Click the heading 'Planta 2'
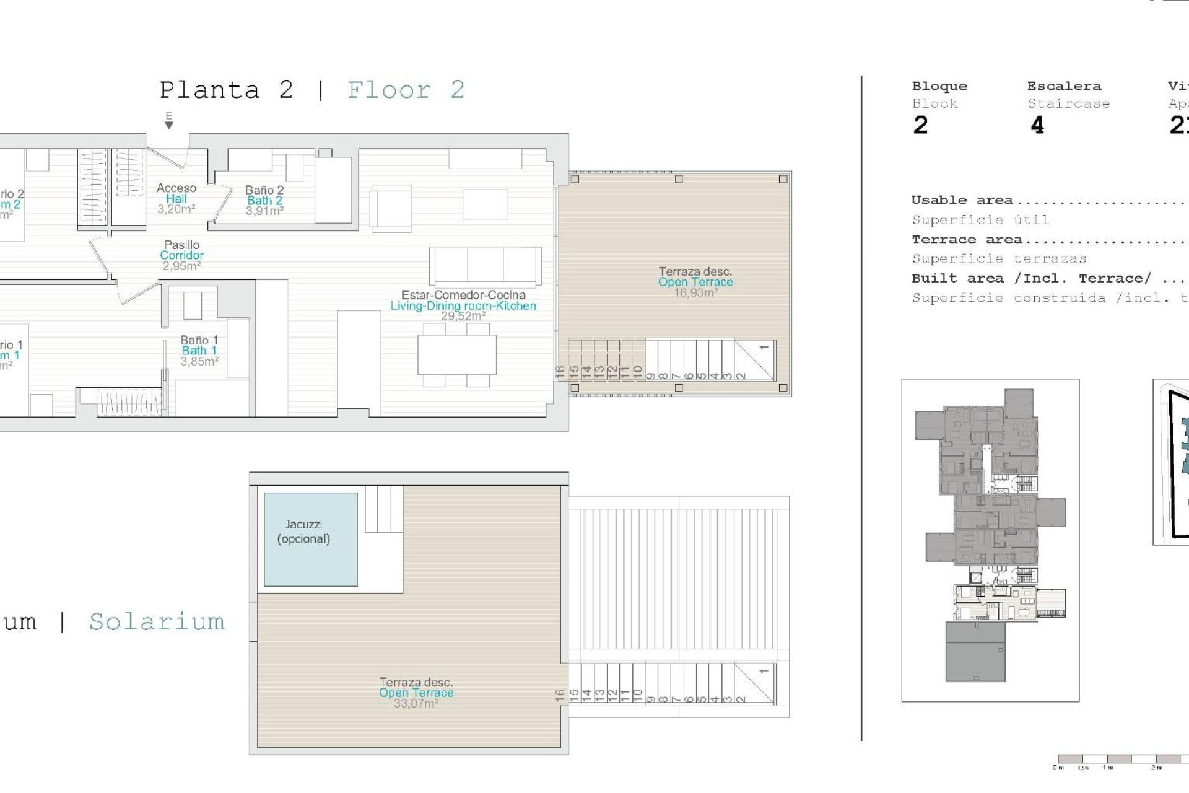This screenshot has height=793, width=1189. (x=226, y=90)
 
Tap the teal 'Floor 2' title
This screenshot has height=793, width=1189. (x=406, y=90)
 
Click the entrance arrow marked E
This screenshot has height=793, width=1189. (x=168, y=121)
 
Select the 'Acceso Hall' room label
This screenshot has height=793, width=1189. (x=176, y=198)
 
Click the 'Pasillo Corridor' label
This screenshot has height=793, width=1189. (x=181, y=255)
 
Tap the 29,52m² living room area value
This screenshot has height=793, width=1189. (x=463, y=317)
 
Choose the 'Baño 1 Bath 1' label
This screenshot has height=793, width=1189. (x=199, y=350)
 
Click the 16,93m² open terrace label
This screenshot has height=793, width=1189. (x=695, y=282)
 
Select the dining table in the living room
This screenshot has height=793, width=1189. (x=456, y=354)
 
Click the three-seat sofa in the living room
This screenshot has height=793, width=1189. (x=485, y=265)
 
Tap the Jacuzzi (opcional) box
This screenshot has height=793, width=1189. (x=310, y=539)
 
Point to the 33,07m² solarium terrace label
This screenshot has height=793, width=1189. (x=416, y=693)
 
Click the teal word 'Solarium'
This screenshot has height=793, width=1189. (x=157, y=621)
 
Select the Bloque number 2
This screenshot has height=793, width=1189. (x=920, y=126)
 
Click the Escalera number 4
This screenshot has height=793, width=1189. (x=1037, y=126)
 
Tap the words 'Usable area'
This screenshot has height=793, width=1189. (x=962, y=200)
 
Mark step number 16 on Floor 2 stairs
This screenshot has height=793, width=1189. (x=560, y=372)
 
